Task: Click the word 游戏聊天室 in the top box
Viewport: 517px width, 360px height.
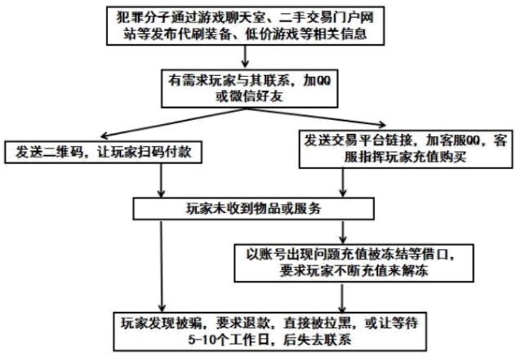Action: (x=238, y=16)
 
